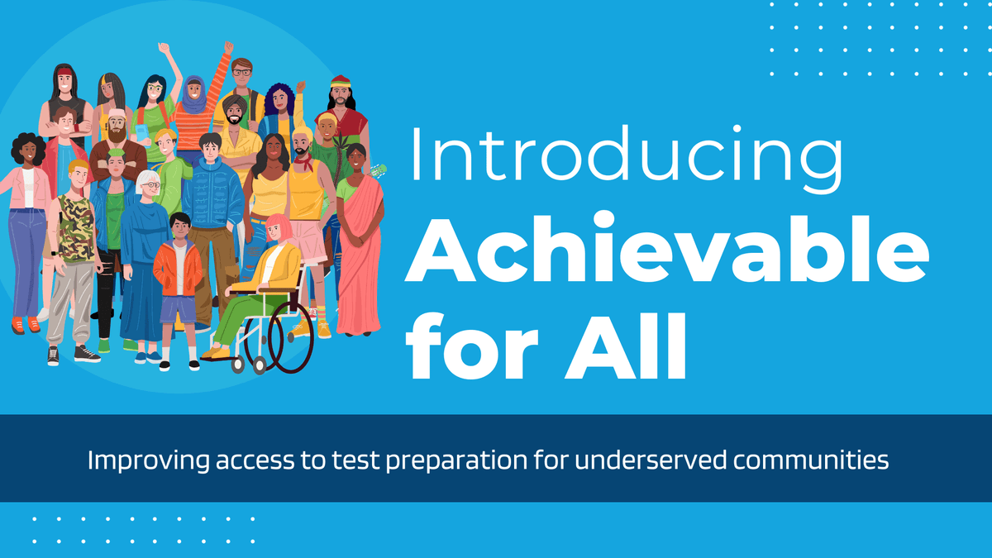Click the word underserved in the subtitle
click(636, 460)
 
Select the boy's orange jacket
click(178, 269)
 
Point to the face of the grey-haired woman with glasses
click(149, 186)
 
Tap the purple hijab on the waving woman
click(193, 91)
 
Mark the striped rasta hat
click(341, 82)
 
